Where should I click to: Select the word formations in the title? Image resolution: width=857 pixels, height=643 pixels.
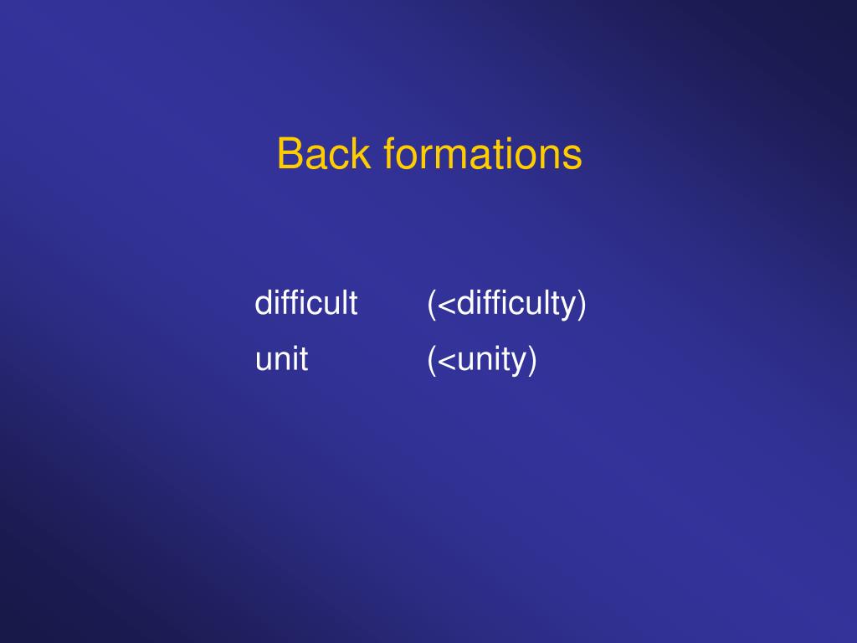pos(483,154)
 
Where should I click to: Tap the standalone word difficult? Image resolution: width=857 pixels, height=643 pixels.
pos(305,302)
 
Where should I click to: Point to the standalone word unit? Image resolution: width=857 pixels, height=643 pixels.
pos(281,359)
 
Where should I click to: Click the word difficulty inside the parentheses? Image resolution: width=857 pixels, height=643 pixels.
pos(512,302)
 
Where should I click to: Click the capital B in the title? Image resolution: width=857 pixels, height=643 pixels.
pos(288,154)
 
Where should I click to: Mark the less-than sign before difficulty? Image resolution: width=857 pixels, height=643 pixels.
pos(446,304)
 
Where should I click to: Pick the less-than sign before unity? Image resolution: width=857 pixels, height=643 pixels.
pos(446,361)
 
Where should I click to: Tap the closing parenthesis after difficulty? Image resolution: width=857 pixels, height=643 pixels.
pos(582,303)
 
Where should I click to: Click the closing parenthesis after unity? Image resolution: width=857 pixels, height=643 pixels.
pos(531,360)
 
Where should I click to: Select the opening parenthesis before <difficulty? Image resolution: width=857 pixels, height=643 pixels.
pos(431,303)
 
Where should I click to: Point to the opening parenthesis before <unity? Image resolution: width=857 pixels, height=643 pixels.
pos(431,360)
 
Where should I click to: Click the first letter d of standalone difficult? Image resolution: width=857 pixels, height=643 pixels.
pos(262,302)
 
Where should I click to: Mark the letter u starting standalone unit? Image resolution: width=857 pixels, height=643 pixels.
pos(262,361)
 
